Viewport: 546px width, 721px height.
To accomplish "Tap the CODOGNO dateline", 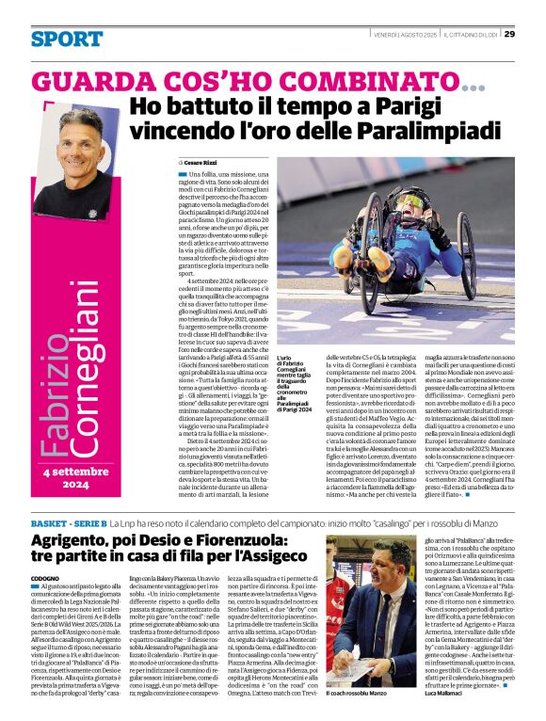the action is coord(45,577).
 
